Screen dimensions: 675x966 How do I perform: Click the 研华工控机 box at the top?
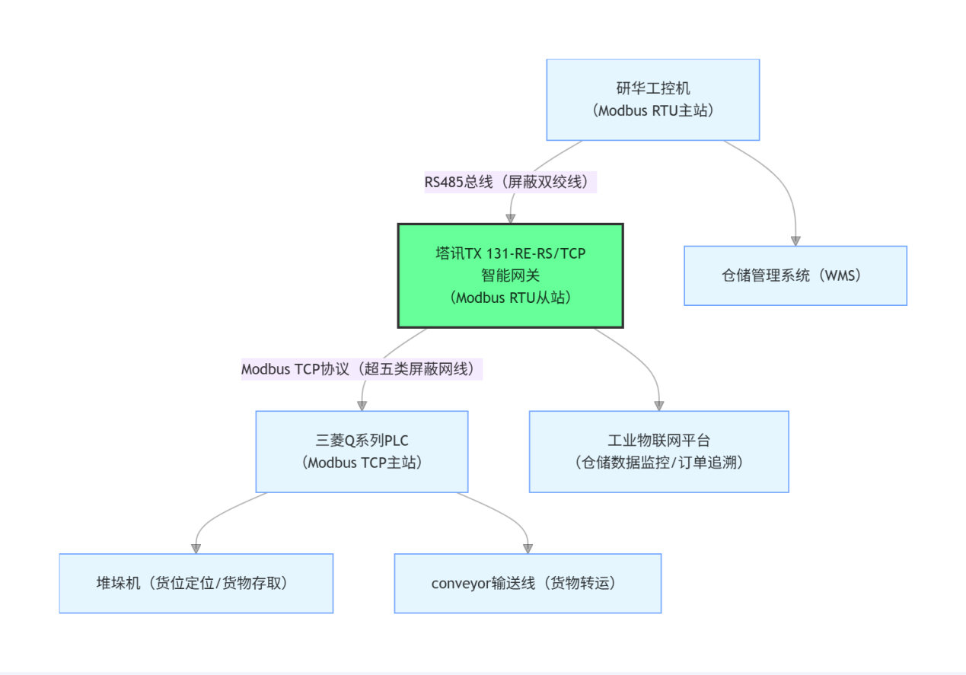[x=653, y=100]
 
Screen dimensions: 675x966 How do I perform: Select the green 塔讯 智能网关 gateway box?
[x=511, y=275]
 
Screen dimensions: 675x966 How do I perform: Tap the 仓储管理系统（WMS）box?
[x=795, y=275]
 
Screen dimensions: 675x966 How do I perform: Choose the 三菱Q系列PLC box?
[x=362, y=451]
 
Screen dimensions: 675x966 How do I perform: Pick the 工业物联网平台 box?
[x=658, y=451]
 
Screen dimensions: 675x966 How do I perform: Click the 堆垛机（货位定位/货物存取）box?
[x=196, y=583]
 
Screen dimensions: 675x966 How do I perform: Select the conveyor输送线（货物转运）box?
[x=528, y=583]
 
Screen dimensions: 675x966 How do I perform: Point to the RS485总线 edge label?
[x=510, y=183]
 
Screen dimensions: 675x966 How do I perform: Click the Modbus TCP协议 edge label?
[x=362, y=369]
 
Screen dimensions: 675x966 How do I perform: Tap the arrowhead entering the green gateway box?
[x=511, y=218]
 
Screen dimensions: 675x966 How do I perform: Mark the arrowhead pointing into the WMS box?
[x=795, y=240]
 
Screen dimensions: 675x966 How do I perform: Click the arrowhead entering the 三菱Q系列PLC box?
[x=362, y=406]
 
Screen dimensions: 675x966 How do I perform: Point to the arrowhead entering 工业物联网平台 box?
[x=658, y=406]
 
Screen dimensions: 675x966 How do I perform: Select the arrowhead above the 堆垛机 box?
[x=196, y=548]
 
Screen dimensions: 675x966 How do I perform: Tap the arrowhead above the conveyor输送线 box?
[x=528, y=548]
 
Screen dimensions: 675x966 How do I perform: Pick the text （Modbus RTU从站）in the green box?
[x=511, y=298]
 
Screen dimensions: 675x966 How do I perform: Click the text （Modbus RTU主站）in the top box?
[x=653, y=110]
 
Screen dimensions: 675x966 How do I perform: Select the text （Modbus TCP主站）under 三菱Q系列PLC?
[x=362, y=462]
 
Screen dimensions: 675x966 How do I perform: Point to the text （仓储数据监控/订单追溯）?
[x=658, y=462]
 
